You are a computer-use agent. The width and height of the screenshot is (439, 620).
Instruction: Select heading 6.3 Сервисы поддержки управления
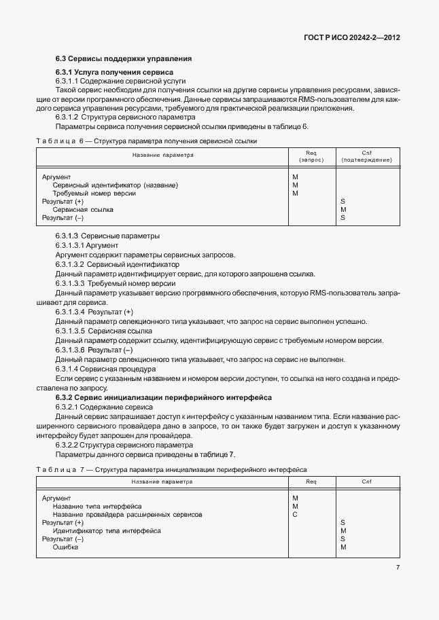123,58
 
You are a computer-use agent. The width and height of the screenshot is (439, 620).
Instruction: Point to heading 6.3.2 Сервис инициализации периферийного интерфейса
163,397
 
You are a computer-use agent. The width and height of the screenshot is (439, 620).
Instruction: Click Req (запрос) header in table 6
311,156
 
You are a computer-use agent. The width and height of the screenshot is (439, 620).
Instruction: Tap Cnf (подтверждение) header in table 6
367,156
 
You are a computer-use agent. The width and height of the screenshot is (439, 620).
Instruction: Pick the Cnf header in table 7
367,482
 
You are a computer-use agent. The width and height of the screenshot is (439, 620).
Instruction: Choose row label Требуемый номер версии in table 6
94,193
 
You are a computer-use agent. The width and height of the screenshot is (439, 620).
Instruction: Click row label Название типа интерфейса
97,507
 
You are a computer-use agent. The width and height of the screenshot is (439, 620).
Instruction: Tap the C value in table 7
295,515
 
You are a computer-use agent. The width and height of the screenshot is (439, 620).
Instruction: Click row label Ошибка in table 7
66,547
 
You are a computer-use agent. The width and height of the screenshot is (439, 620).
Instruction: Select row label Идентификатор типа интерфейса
107,531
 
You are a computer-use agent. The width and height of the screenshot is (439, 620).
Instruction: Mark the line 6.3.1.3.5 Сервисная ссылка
99,331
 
